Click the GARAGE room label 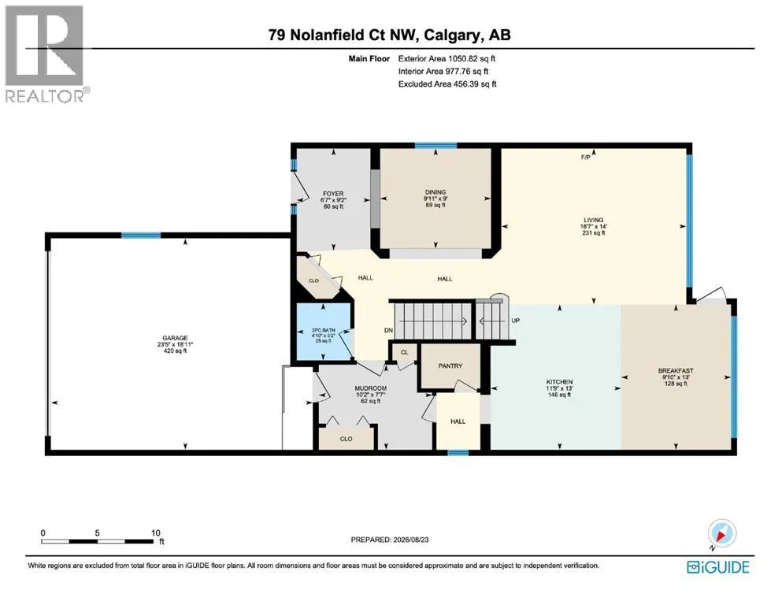175,338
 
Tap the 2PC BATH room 324,331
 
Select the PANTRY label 450,366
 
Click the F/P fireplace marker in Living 585,158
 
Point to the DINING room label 435,192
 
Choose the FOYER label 333,194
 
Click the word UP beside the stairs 516,320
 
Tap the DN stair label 388,330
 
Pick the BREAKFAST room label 676,370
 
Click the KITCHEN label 559,381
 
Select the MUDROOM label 371,388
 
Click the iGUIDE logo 718,567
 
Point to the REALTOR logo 46,54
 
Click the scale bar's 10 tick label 156,533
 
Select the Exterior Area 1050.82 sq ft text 447,58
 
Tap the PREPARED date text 390,540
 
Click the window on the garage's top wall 141,236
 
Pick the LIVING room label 594,220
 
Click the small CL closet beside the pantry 405,352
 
